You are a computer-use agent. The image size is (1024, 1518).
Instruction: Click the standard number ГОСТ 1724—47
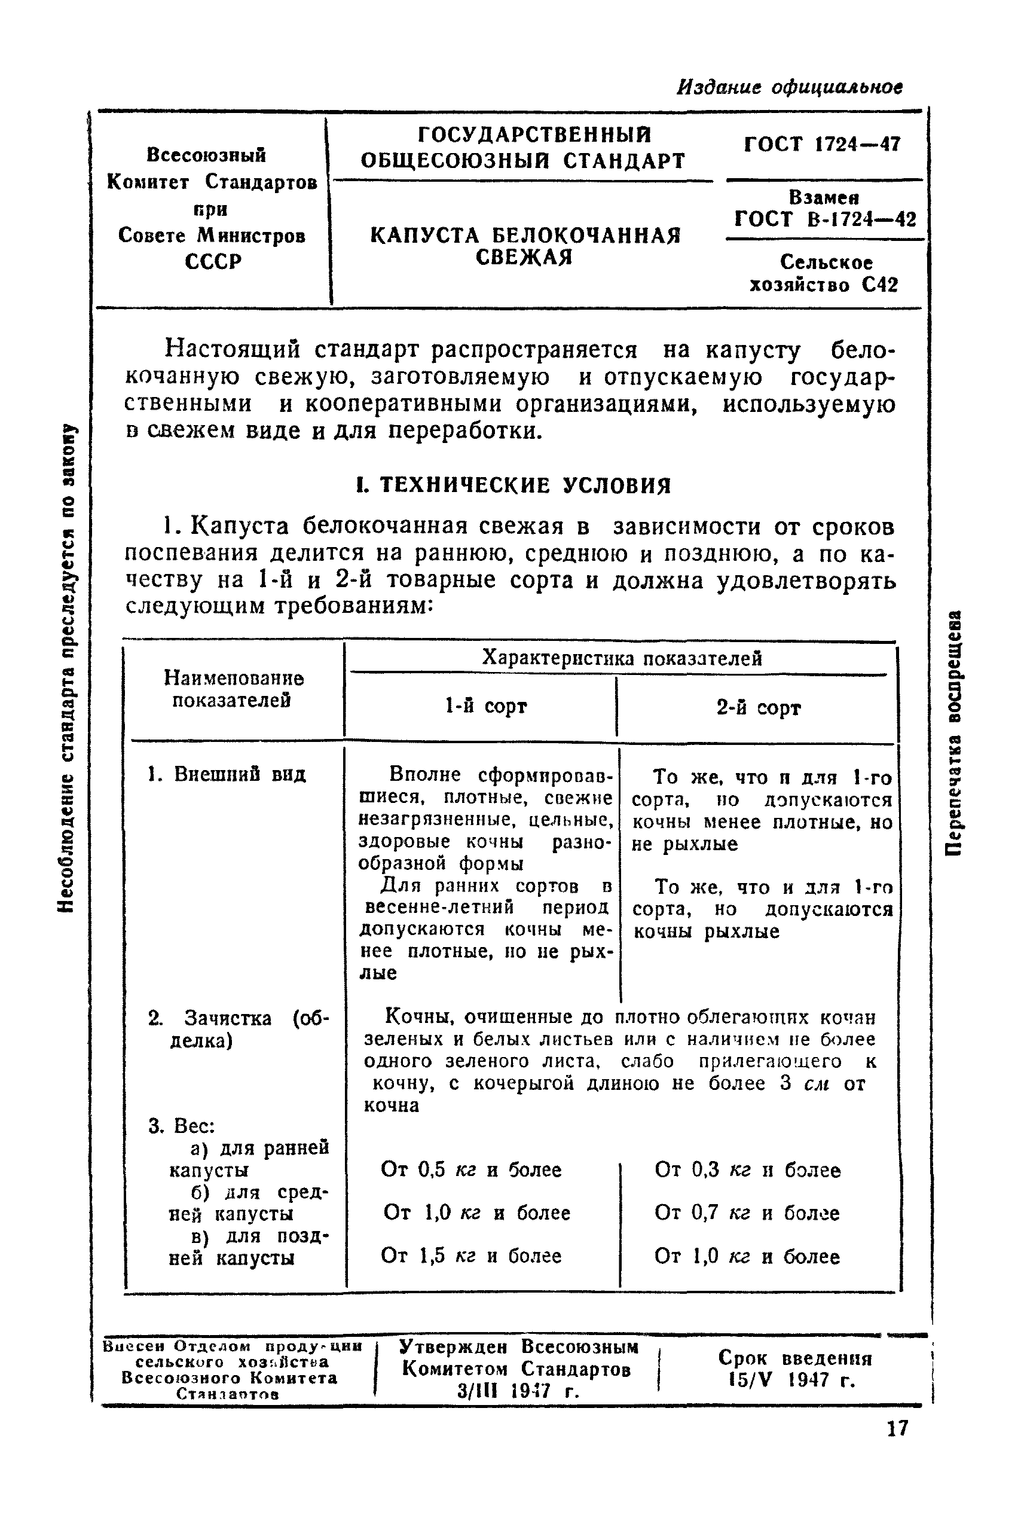click(x=822, y=144)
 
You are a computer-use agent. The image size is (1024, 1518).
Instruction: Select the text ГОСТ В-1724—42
click(x=825, y=219)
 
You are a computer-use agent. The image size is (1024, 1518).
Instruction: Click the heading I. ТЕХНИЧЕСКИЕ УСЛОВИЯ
click(x=513, y=485)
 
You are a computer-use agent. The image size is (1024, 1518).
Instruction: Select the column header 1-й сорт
click(x=485, y=706)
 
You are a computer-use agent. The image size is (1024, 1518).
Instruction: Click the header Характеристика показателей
click(x=622, y=658)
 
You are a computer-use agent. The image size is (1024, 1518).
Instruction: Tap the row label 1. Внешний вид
click(x=227, y=775)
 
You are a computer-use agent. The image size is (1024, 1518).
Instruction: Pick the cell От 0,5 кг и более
click(x=471, y=1170)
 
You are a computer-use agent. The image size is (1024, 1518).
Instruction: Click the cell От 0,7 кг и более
click(x=747, y=1213)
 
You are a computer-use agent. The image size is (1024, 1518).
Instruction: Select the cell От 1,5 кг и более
click(x=471, y=1256)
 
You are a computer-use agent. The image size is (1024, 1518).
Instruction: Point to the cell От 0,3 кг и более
click(x=747, y=1170)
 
